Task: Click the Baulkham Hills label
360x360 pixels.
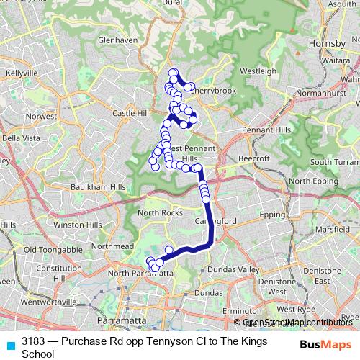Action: point(97,187)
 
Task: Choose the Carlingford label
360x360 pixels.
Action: point(210,222)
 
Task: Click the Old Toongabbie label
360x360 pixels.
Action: point(46,250)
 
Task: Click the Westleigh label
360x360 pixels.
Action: point(258,71)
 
